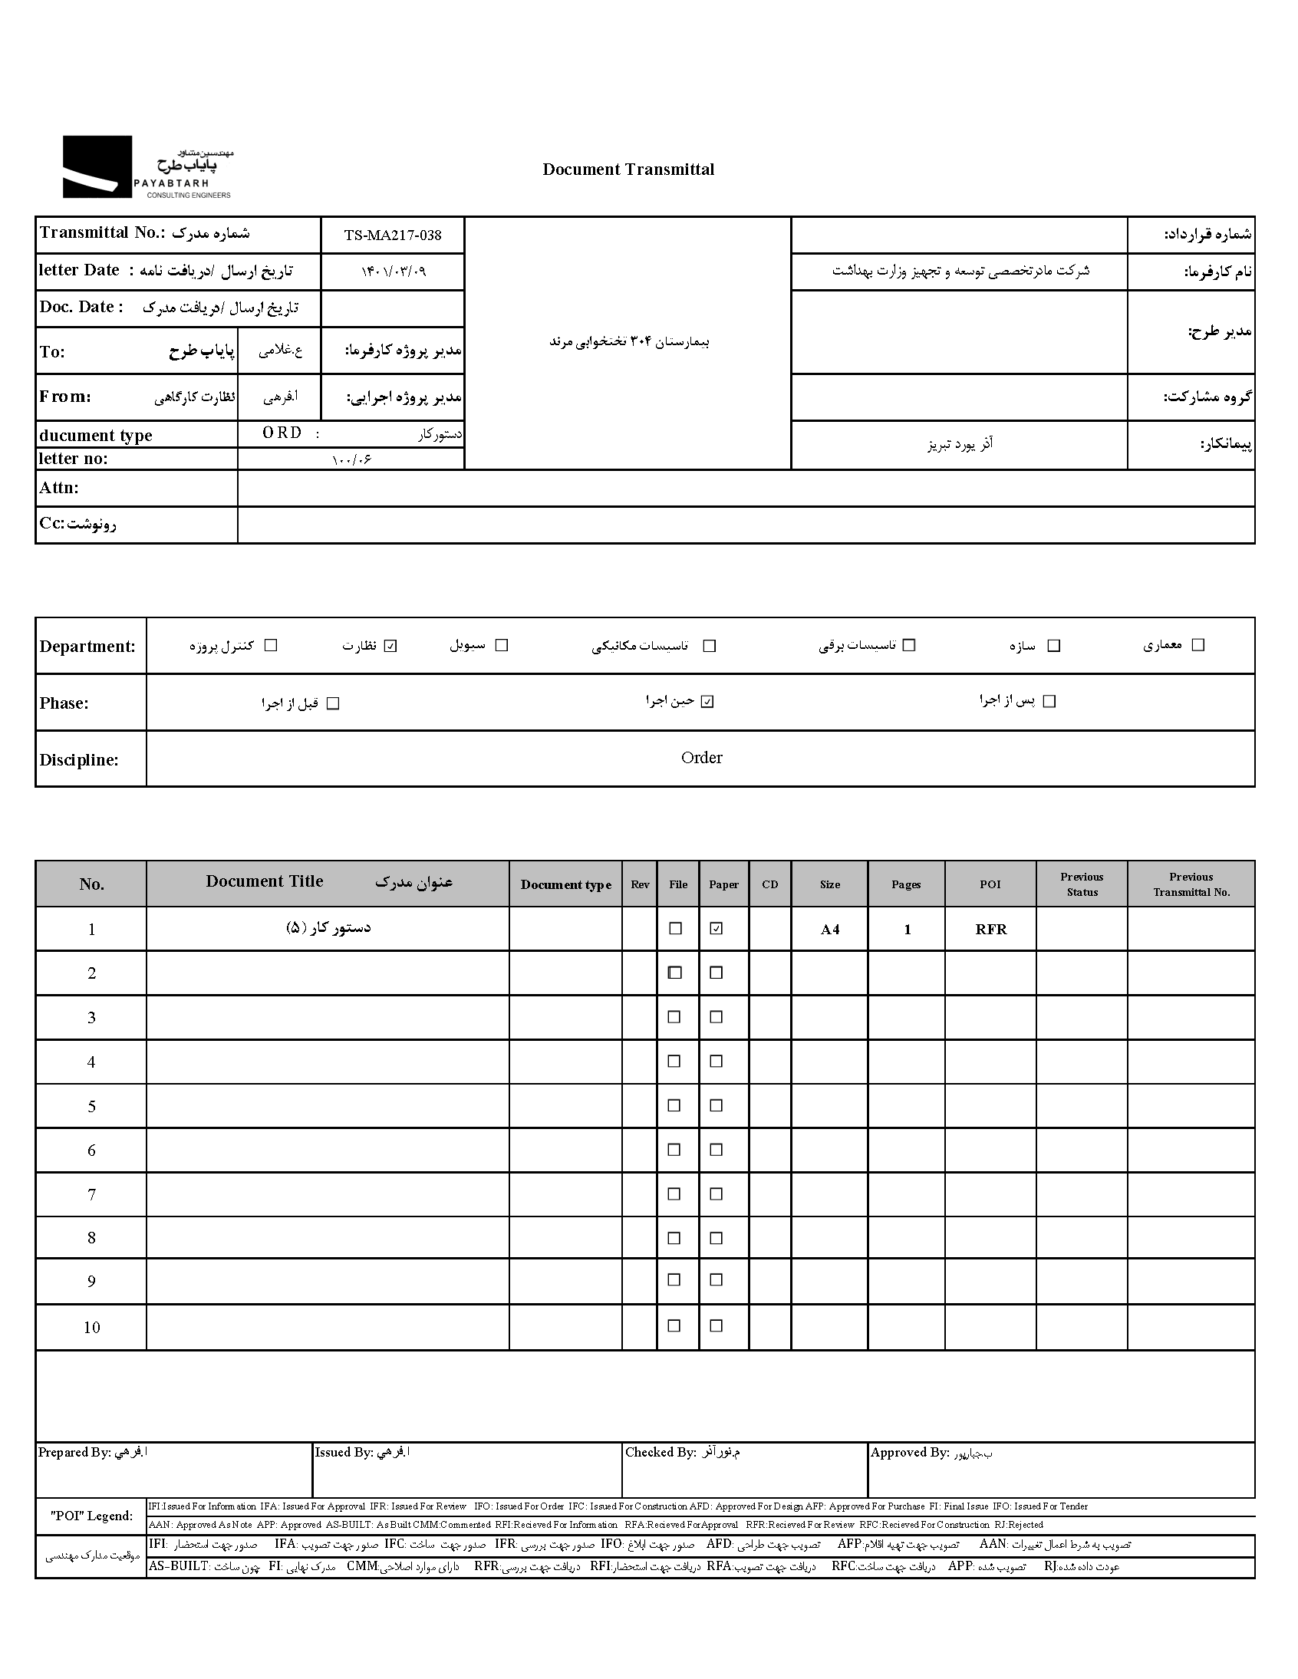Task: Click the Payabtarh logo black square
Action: (97, 166)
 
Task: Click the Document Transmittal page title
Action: (628, 170)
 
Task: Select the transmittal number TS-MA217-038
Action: (392, 235)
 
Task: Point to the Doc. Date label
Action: (81, 307)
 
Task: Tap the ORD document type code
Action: (282, 433)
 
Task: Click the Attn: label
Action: (59, 488)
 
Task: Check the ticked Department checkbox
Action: (390, 646)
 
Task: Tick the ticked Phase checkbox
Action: (707, 702)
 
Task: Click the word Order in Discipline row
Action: (701, 758)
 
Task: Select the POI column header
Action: (990, 884)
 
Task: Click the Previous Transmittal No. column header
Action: (1191, 884)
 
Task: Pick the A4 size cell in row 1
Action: (830, 930)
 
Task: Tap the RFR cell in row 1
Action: (990, 930)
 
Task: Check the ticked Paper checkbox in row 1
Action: (716, 929)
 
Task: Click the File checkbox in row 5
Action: (674, 1105)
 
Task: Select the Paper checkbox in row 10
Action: (716, 1325)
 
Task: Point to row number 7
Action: (91, 1195)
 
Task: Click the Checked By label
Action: (660, 1452)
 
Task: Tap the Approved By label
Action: (909, 1452)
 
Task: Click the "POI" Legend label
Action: (91, 1516)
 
